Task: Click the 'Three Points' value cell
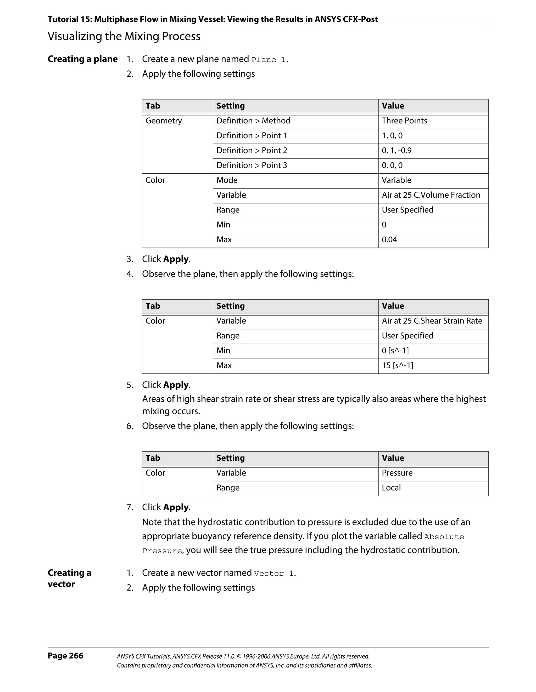point(404,121)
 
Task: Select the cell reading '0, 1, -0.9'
point(397,151)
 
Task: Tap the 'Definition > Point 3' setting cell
point(252,165)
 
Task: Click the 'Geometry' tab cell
point(164,121)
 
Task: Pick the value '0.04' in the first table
point(389,239)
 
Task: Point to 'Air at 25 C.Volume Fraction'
point(431,195)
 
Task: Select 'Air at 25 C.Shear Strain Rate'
point(432,321)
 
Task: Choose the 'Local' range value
point(391,488)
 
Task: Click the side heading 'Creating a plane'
point(82,59)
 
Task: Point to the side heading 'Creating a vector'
point(69,578)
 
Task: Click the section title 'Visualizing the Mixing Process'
point(124,36)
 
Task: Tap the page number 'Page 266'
point(65,656)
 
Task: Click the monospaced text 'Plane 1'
point(269,60)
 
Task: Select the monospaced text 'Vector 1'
point(274,574)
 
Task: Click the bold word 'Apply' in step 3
point(176,259)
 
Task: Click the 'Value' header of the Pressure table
point(393,458)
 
